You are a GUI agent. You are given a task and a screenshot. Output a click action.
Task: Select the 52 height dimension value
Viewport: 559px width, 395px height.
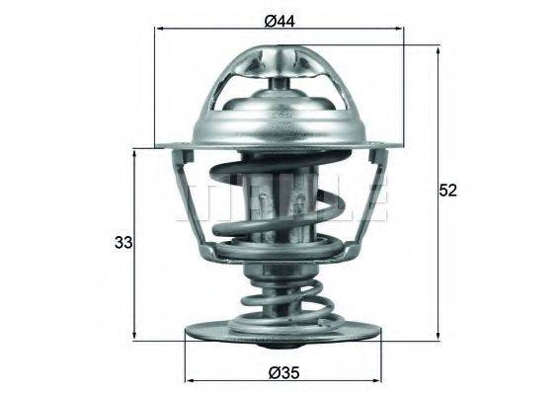click(x=449, y=192)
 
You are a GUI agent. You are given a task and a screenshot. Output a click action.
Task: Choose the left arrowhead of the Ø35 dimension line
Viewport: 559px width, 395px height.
click(x=188, y=382)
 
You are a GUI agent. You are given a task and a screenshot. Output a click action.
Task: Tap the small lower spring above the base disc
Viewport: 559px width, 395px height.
click(x=279, y=296)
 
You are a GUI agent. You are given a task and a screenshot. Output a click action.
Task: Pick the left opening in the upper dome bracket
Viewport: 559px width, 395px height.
click(x=237, y=99)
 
